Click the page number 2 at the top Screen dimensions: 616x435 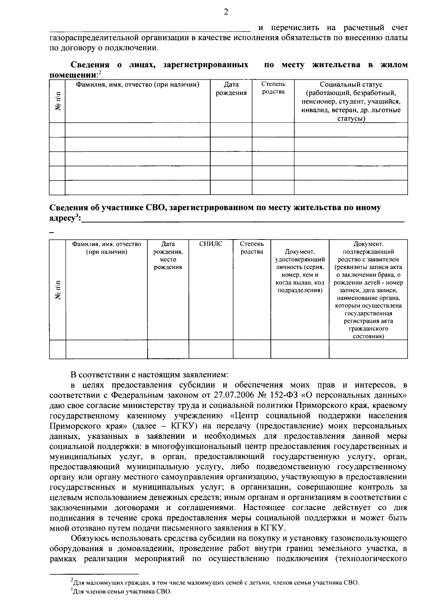[x=226, y=12]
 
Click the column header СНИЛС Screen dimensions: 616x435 [x=211, y=244]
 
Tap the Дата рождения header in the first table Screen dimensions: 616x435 [x=231, y=88]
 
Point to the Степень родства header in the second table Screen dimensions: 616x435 [x=252, y=248]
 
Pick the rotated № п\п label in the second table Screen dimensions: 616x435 [x=58, y=290]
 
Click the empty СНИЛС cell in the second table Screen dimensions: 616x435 [x=211, y=349]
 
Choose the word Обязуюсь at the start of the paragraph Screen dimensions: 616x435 [x=90, y=538]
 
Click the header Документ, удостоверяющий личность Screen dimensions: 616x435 [x=299, y=271]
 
